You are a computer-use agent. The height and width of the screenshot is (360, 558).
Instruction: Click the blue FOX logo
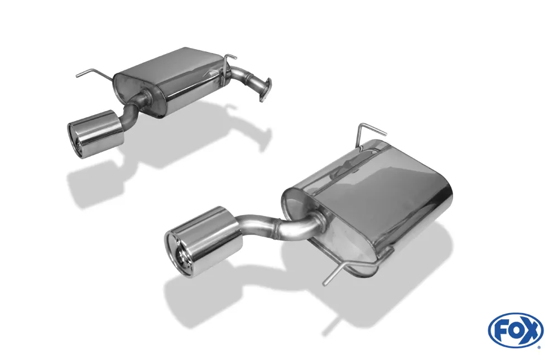(x=515, y=330)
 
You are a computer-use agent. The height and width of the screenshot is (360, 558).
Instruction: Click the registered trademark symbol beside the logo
(x=538, y=347)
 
